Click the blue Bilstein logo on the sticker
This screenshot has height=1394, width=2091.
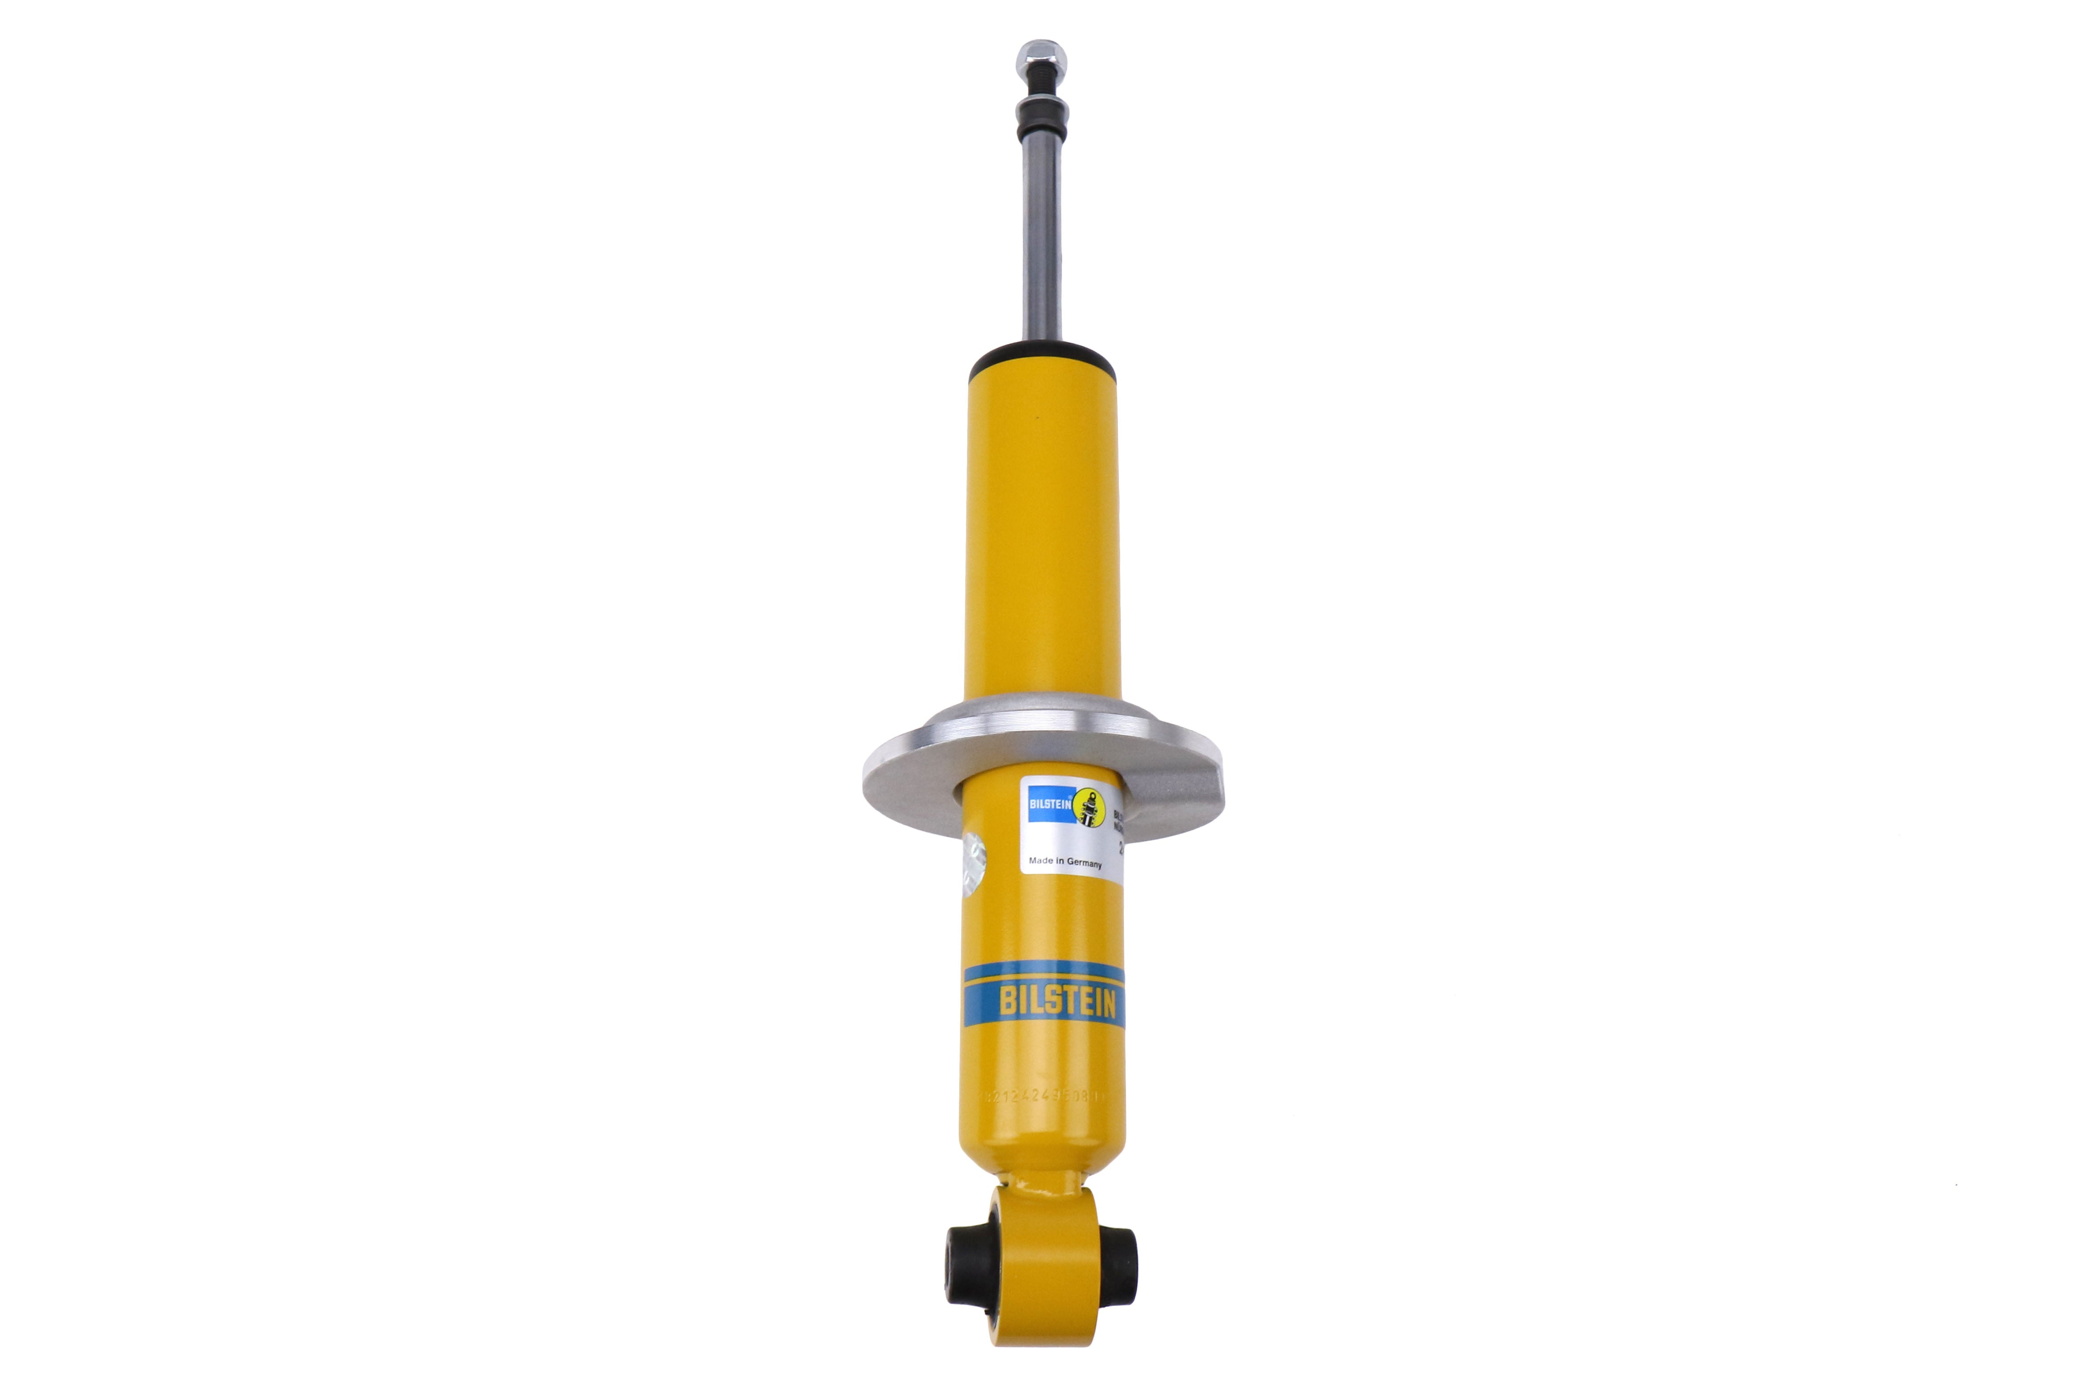(x=1049, y=803)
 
